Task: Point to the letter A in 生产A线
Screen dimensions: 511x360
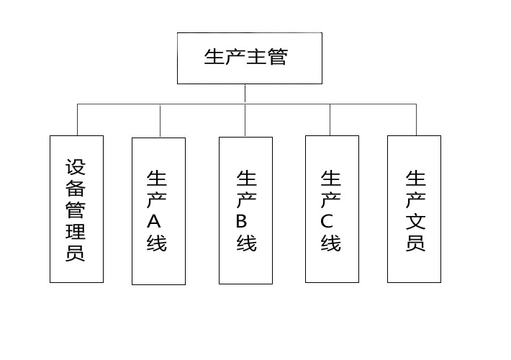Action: [x=154, y=221]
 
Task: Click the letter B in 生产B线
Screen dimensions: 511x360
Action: [x=242, y=221]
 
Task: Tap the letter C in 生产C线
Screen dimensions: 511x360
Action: [x=327, y=221]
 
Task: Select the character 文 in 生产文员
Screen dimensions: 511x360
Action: [x=416, y=221]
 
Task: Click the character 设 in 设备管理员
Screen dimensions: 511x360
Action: [x=76, y=167]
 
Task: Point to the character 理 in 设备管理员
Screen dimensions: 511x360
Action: [x=76, y=231]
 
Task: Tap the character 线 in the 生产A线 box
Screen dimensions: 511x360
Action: [x=157, y=243]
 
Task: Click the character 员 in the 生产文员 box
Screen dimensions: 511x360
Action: [x=416, y=243]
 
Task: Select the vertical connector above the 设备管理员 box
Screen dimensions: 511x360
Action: [x=77, y=120]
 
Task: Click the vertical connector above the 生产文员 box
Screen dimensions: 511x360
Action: [x=416, y=120]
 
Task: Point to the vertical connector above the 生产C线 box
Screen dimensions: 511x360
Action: [x=330, y=120]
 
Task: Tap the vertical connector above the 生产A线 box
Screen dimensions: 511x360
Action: [x=160, y=121]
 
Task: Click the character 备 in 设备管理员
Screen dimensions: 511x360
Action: [x=76, y=188]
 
